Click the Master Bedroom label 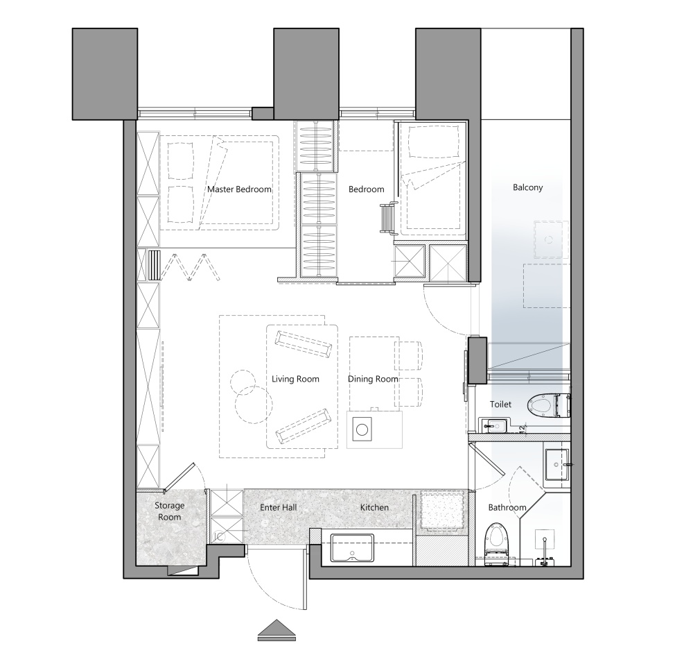pos(239,189)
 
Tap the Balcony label pos(527,187)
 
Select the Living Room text pos(295,379)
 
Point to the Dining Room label pos(373,379)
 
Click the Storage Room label pos(170,511)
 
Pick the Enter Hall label pos(279,507)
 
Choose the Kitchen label pos(374,507)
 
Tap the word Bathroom pos(507,507)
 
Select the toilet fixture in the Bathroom pos(496,544)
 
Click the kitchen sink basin pos(352,547)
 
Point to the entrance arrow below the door pos(277,630)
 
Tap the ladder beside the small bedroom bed pos(387,217)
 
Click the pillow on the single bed pos(433,142)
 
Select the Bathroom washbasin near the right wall pos(557,464)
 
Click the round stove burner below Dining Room pos(362,429)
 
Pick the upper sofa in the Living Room pos(304,343)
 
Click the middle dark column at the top pos(306,74)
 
